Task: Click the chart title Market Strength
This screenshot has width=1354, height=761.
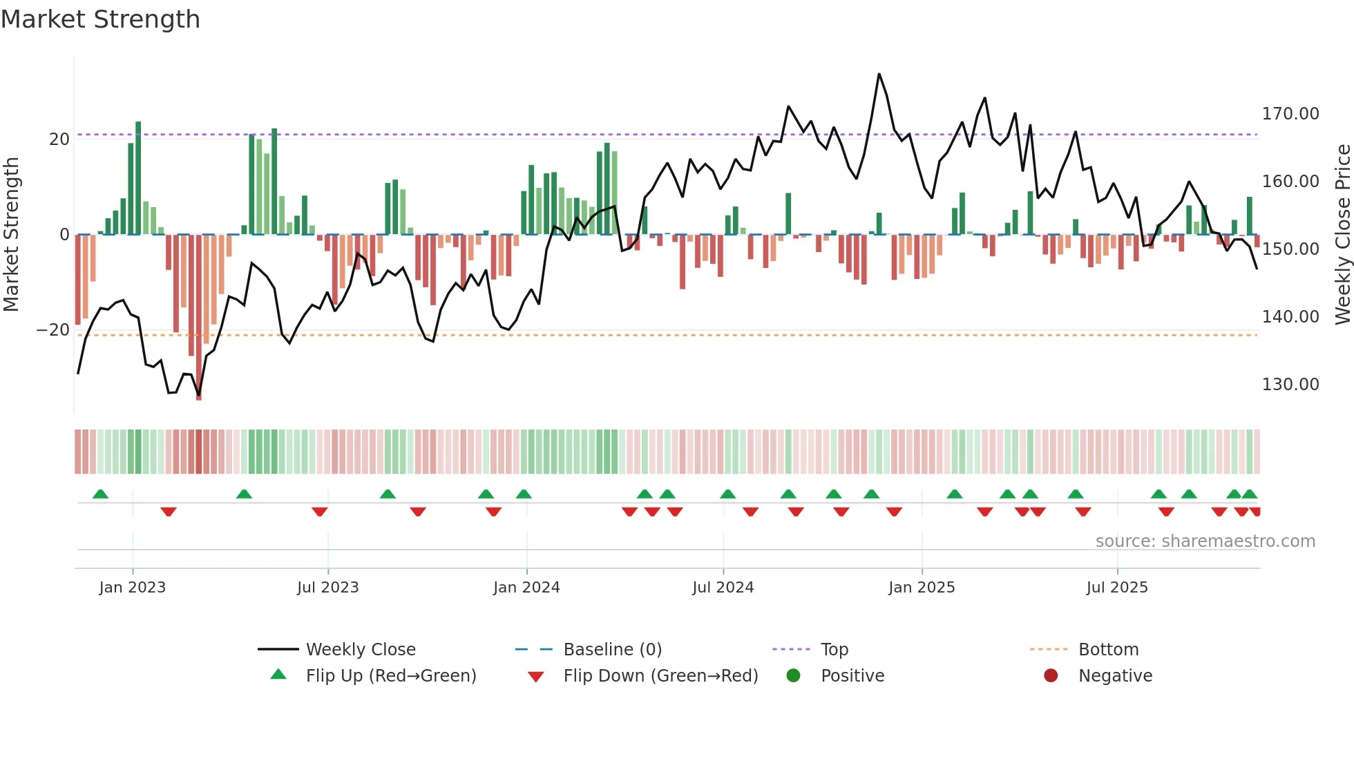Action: [x=100, y=19]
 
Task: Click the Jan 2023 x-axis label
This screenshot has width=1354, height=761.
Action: [x=132, y=588]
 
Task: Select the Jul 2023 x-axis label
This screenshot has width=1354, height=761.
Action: [x=327, y=588]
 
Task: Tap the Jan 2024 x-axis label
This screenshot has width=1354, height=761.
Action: [x=526, y=588]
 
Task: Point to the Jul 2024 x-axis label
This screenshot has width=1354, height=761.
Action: [x=723, y=588]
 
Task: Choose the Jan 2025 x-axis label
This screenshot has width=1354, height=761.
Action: [x=922, y=588]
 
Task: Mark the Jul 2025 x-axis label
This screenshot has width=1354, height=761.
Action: [x=1116, y=588]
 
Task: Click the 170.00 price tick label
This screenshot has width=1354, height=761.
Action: [x=1290, y=114]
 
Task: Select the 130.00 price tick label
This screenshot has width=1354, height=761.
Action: [x=1290, y=385]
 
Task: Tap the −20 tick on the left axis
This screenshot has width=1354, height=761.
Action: [x=53, y=330]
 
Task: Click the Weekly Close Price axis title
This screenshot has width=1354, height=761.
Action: [x=1342, y=235]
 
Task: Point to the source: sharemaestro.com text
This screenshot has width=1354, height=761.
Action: [x=1205, y=541]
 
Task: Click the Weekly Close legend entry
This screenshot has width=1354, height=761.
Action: [x=360, y=650]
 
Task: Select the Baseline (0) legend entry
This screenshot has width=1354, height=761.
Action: [x=612, y=650]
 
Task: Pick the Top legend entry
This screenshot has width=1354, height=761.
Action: [x=834, y=650]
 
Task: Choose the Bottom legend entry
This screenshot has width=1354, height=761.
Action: [x=1108, y=650]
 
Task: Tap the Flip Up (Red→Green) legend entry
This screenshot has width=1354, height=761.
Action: [x=390, y=676]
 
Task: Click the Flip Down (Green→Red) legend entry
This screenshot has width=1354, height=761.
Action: [x=660, y=676]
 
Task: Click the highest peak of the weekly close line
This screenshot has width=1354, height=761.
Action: [x=879, y=74]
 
